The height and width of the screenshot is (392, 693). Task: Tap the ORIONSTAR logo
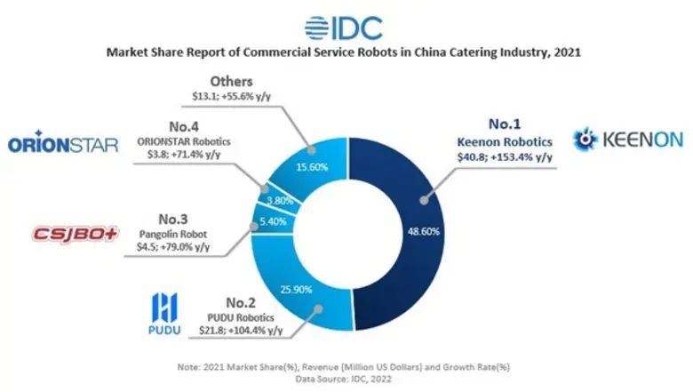pos(62,144)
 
